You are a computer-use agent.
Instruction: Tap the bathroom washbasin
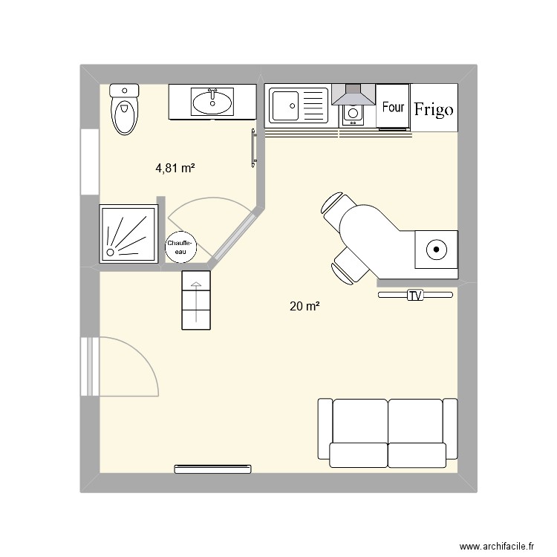coord(212,102)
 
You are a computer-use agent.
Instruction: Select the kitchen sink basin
coord(284,105)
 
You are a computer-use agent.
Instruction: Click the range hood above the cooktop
coord(354,94)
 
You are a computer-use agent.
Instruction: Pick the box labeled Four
coord(393,107)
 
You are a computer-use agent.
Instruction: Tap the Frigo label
coord(434,110)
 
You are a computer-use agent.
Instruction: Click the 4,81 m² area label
coord(175,169)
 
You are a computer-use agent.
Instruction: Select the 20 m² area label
coord(304,305)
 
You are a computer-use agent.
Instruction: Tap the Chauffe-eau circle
coord(180,247)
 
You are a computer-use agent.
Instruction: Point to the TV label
coord(414,296)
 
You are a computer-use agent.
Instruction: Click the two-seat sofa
coord(387,433)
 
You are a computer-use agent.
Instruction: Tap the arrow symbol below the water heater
coord(196,299)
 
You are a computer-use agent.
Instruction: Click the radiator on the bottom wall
coord(212,469)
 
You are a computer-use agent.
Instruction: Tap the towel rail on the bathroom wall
coord(254,148)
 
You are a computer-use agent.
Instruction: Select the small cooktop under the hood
coord(352,114)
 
